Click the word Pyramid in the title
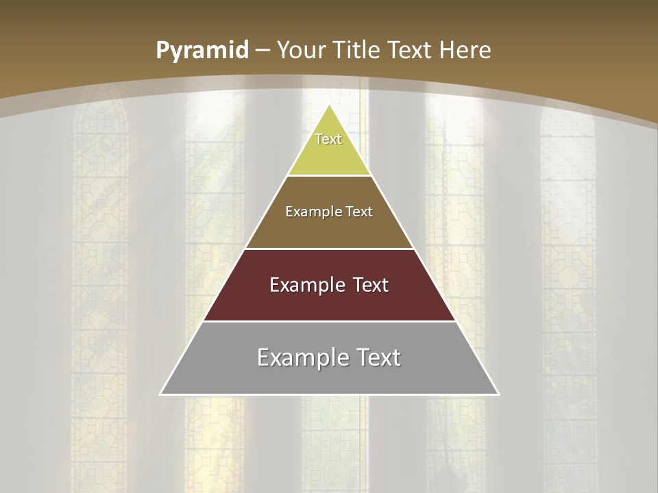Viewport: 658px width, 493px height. (202, 51)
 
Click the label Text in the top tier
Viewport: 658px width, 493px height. (328, 139)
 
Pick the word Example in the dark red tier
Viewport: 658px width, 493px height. (306, 285)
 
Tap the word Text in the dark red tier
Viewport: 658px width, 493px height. (371, 285)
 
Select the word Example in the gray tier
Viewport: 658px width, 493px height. (302, 357)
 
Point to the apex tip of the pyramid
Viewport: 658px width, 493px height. (330, 105)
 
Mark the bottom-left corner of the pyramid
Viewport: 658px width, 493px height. (160, 394)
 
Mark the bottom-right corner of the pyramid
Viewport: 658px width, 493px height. (498, 394)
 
